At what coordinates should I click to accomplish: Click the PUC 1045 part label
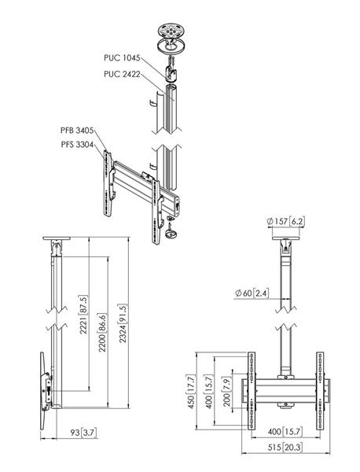122,57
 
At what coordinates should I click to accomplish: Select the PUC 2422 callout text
122,74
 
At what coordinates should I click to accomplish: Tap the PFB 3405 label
77,131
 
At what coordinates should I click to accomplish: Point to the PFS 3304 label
77,145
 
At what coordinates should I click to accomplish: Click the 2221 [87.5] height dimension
83,315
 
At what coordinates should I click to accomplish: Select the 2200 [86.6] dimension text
102,333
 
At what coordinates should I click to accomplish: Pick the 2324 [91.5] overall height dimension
123,323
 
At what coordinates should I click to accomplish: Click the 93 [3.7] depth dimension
83,433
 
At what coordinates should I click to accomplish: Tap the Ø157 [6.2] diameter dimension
285,221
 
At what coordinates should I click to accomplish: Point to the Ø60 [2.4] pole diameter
252,293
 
